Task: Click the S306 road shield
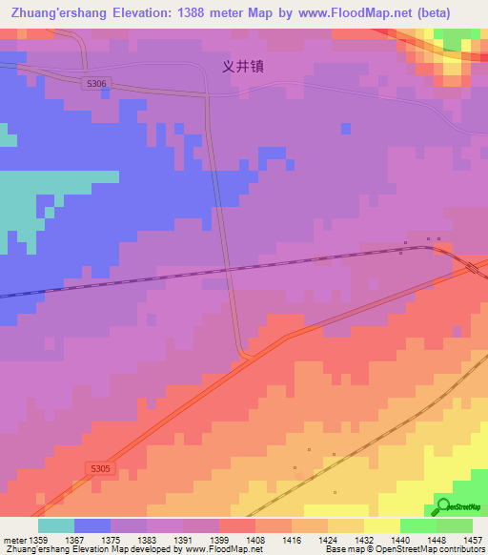(96, 84)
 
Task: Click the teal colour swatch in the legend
(56, 525)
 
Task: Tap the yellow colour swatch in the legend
(382, 525)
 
